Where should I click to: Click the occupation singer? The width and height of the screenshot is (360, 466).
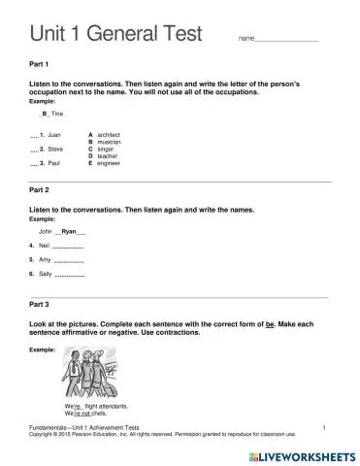(109, 150)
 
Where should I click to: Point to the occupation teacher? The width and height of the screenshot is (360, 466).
(111, 156)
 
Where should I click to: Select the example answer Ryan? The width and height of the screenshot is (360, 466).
(69, 233)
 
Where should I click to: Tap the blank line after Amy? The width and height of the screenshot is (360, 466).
(68, 262)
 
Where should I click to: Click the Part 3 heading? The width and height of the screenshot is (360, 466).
(44, 305)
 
